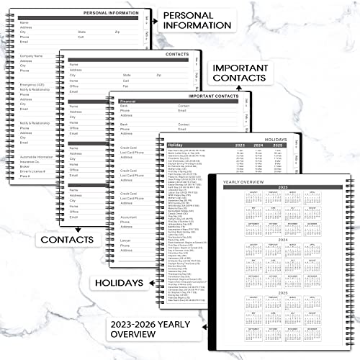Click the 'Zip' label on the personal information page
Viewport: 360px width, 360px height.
(x=117, y=32)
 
